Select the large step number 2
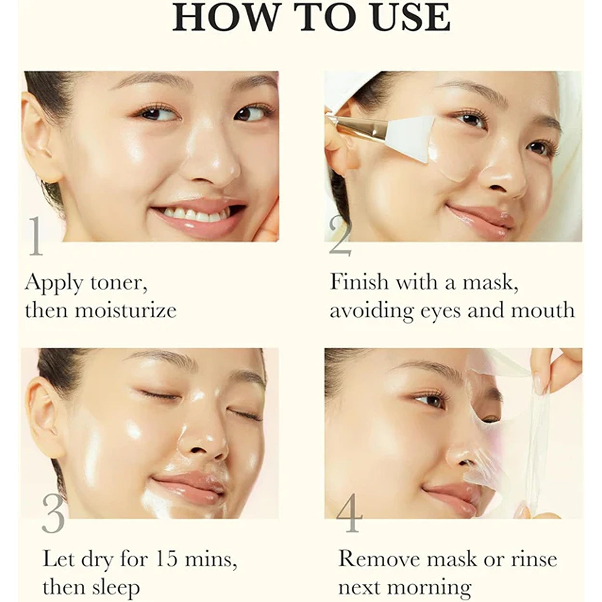[x=340, y=236]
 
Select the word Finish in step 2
[x=359, y=282]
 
